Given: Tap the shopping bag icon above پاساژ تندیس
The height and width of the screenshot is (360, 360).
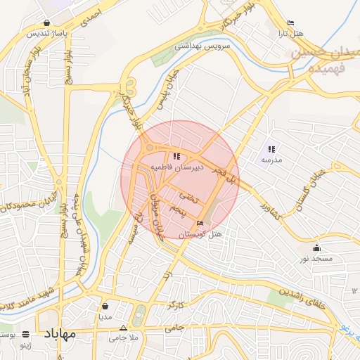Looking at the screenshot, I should pyautogui.click(x=46, y=22).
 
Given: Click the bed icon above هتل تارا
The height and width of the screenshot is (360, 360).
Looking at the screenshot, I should pyautogui.click(x=291, y=23).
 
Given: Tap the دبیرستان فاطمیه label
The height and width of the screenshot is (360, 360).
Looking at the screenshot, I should pyautogui.click(x=176, y=167).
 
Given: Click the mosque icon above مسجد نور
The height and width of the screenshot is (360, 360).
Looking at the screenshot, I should pyautogui.click(x=317, y=247).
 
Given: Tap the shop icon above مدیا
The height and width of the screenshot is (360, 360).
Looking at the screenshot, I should pyautogui.click(x=105, y=307).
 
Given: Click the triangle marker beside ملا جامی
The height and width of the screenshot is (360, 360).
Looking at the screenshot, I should pyautogui.click(x=124, y=328).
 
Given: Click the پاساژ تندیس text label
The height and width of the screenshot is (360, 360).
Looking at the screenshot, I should pyautogui.click(x=47, y=33).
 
